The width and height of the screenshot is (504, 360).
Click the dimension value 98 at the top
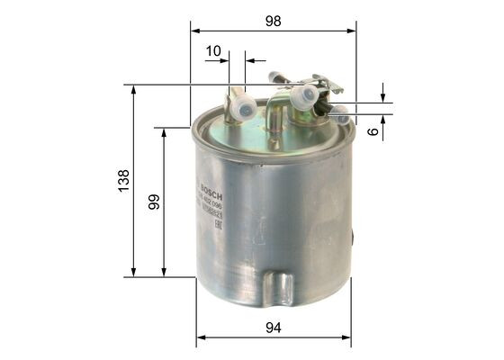tap(274, 19)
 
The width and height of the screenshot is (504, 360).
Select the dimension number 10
tap(212, 51)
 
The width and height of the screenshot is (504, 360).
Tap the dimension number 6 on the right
tap(373, 130)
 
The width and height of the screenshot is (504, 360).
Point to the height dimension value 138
tap(123, 179)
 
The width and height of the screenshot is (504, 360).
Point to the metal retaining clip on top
tap(328, 85)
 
